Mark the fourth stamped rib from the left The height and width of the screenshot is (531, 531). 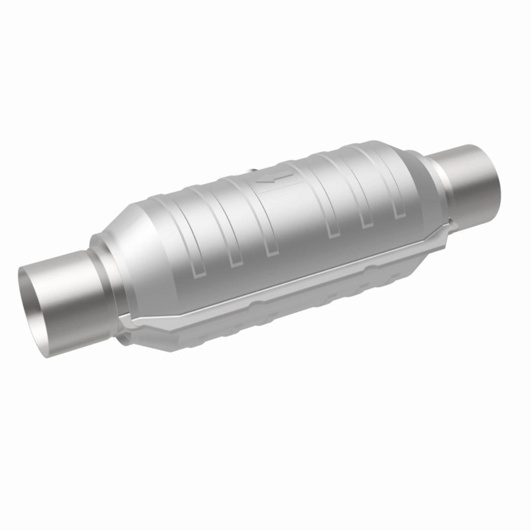click(332, 218)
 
